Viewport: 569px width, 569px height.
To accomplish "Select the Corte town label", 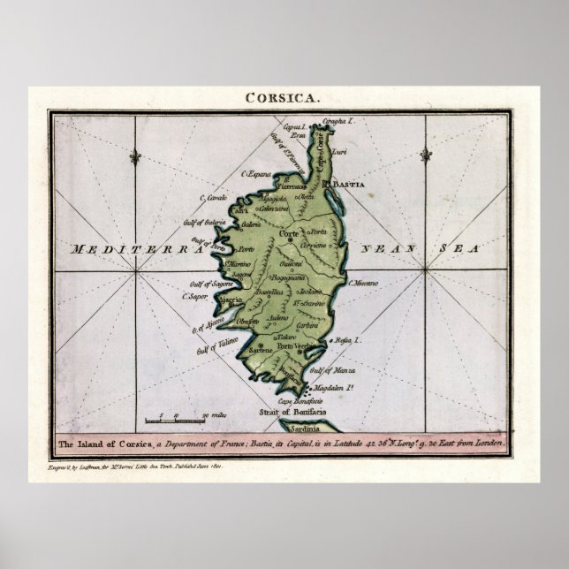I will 289,232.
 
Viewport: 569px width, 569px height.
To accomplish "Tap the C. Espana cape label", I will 261,174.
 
